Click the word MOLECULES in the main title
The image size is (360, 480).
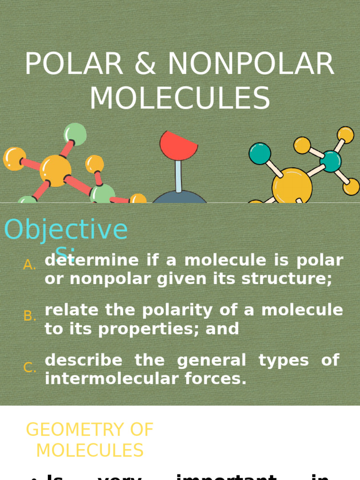pos(180,99)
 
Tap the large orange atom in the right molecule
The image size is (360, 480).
pos(292,186)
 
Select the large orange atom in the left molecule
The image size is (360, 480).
pos(55,171)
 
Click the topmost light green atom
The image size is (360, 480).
pos(75,135)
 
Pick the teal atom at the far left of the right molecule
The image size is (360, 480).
pos(260,154)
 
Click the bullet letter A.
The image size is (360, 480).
pos(30,265)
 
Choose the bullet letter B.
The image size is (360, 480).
pos(30,316)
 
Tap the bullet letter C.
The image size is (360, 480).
pos(30,368)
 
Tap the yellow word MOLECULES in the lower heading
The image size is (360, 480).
pos(90,451)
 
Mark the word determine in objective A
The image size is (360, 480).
pos(92,261)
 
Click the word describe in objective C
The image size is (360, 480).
pos(83,360)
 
